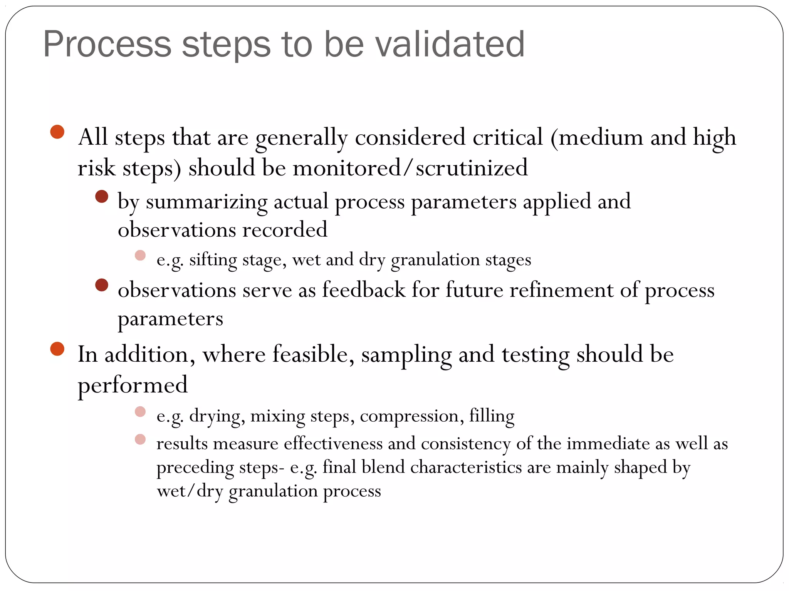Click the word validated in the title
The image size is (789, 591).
(449, 44)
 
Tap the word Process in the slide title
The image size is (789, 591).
(107, 44)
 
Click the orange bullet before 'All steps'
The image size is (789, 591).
(57, 132)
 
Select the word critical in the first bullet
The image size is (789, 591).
(507, 137)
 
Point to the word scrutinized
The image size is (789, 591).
(472, 168)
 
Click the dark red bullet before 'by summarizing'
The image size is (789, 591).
(102, 197)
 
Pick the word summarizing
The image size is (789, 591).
(206, 202)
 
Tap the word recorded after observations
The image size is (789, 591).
(285, 230)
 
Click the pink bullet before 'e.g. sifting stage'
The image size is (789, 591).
(140, 255)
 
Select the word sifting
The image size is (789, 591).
(213, 260)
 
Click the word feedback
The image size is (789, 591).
(364, 290)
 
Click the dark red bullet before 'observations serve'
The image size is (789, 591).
(102, 285)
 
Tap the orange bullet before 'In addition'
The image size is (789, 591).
(57, 349)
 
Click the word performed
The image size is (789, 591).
(133, 385)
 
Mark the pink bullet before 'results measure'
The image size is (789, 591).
(140, 439)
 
